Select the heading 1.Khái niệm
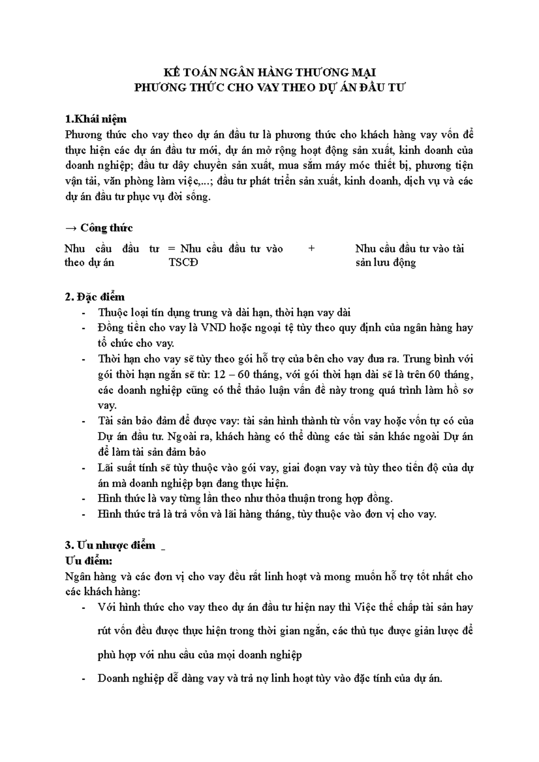click(x=96, y=119)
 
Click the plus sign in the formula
click(x=312, y=249)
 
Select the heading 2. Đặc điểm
click(x=95, y=297)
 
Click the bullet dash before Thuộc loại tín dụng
click(x=84, y=313)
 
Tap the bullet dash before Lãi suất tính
click(x=84, y=468)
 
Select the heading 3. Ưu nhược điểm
click(x=110, y=545)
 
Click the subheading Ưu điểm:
click(x=88, y=561)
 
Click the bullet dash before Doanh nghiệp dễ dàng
click(x=84, y=679)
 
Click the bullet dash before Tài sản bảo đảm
click(x=84, y=421)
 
